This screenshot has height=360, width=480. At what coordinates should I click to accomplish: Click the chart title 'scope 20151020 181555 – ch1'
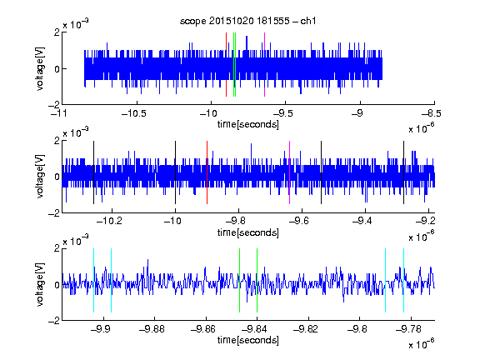click(248, 21)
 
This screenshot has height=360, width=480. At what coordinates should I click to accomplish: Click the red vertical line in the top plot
click(226, 65)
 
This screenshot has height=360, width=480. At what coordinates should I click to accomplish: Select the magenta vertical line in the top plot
click(264, 65)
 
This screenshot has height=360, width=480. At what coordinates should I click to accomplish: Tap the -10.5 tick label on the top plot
click(134, 113)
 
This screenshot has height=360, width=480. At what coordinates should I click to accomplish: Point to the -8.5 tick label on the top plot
click(432, 113)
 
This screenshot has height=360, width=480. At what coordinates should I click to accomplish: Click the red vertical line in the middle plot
click(207, 172)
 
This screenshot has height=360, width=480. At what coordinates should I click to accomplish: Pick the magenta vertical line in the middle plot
click(290, 172)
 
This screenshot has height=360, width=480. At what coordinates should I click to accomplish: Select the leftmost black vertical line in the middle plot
click(93, 172)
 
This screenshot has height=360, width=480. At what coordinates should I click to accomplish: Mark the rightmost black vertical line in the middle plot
click(404, 172)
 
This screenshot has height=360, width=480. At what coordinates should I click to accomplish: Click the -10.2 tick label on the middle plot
click(109, 221)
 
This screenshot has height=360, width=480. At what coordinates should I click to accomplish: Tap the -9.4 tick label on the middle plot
click(362, 221)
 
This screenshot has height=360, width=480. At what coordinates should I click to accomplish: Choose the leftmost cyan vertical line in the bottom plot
click(93, 280)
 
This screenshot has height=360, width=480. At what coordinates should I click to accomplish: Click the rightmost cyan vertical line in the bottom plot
click(404, 280)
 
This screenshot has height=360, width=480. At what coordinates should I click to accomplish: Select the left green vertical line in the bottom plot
click(239, 280)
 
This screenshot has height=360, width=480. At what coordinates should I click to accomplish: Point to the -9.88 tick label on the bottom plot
click(152, 329)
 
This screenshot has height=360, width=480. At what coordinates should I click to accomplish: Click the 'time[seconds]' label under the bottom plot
click(248, 340)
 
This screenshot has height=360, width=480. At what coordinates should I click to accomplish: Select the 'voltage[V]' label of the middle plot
click(40, 177)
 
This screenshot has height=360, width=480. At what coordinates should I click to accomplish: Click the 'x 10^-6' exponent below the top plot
click(422, 127)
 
